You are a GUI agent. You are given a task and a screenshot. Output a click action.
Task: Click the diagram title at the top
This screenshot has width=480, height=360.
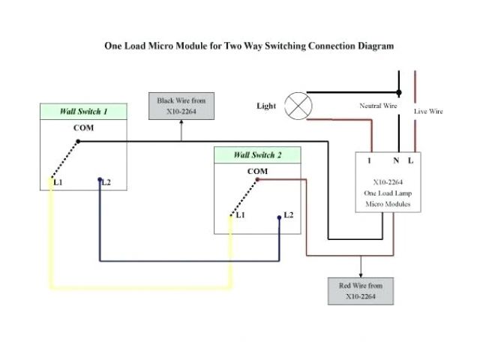pyautogui.click(x=248, y=46)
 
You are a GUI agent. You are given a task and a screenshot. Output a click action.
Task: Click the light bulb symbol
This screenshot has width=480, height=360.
pyautogui.click(x=299, y=106)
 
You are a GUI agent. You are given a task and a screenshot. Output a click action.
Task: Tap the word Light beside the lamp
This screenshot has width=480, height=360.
pyautogui.click(x=266, y=106)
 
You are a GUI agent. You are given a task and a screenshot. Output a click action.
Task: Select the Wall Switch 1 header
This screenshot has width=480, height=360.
pyautogui.click(x=83, y=112)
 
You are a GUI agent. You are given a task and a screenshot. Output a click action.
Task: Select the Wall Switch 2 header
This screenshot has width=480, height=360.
pyautogui.click(x=257, y=155)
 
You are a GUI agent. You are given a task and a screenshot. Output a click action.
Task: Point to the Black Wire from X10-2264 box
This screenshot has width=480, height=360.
pyautogui.click(x=181, y=106)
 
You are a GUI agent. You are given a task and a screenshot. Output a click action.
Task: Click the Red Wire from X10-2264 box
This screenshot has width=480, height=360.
pyautogui.click(x=360, y=291)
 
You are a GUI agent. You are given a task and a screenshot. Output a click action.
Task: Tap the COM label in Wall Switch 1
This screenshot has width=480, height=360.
pyautogui.click(x=83, y=128)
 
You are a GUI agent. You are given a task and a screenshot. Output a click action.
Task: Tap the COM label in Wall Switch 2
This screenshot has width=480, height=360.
pyautogui.click(x=257, y=172)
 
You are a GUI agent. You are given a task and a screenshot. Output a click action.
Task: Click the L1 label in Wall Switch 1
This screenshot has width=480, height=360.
pyautogui.click(x=58, y=182)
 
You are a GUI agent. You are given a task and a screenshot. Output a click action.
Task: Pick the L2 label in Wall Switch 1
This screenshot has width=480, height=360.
pyautogui.click(x=106, y=182)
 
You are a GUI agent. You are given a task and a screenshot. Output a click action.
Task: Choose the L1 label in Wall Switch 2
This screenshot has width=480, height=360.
pyautogui.click(x=240, y=215)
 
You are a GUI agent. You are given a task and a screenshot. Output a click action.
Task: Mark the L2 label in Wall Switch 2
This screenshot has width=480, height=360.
pyautogui.click(x=288, y=215)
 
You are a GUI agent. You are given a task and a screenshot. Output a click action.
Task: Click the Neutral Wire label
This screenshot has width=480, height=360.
pyautogui.click(x=379, y=106)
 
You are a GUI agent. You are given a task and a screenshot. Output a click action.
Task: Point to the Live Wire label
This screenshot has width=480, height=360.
pyautogui.click(x=429, y=111)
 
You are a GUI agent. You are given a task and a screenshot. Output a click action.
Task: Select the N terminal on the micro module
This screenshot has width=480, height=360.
pyautogui.click(x=395, y=160)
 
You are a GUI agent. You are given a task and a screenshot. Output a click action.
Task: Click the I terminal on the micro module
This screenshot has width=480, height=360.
pyautogui.click(x=368, y=160)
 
